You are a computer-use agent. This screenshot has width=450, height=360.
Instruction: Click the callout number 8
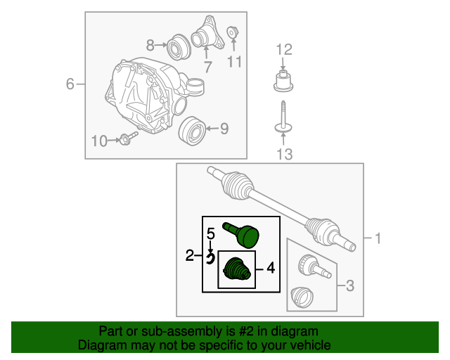click(150, 45)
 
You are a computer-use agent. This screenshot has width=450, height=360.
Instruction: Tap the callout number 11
click(234, 61)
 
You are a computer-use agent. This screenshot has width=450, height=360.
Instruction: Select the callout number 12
click(284, 50)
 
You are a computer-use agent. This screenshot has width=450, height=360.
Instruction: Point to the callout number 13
click(284, 154)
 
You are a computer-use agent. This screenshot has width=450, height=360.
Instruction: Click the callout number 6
click(70, 84)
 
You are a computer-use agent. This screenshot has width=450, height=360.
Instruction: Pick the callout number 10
click(99, 141)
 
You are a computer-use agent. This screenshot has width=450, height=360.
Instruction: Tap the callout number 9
click(224, 129)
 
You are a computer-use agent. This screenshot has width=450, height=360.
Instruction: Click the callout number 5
click(211, 234)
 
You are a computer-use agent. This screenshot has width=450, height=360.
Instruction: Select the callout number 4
click(271, 268)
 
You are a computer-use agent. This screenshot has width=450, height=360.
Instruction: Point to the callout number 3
click(350, 285)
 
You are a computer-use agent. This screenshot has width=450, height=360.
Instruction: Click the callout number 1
click(378, 238)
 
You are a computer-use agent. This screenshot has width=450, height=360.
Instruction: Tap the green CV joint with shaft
click(241, 235)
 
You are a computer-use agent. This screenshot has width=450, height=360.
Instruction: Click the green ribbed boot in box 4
click(237, 269)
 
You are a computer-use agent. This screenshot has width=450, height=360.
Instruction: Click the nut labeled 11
click(233, 32)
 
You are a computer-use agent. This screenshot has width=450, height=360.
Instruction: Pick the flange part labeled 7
click(207, 34)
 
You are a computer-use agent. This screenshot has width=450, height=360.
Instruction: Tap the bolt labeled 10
click(129, 138)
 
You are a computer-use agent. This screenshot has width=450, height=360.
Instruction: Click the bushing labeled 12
click(283, 81)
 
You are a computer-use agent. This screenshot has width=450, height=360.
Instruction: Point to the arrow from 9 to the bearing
click(212, 129)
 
